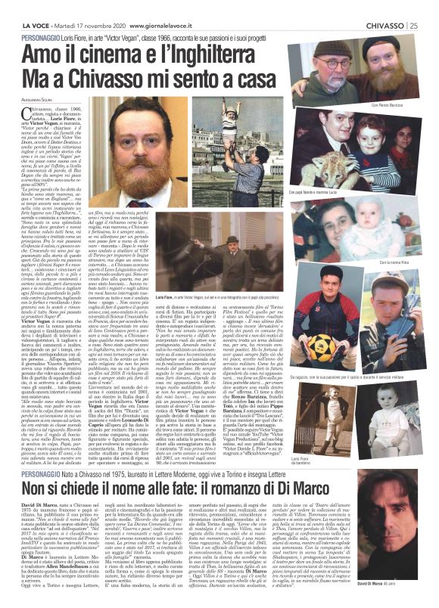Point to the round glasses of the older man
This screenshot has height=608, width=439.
[x=327, y=62]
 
